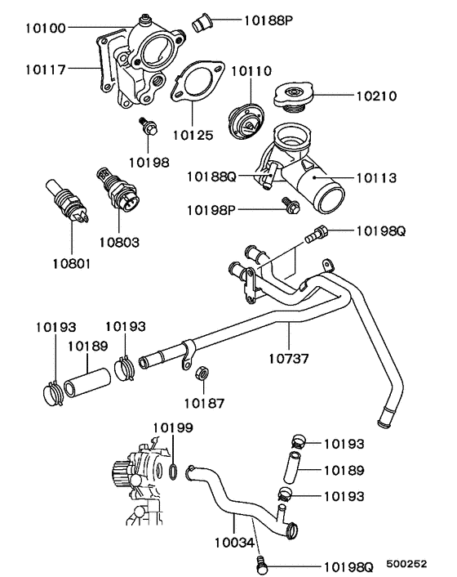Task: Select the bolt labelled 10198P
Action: (289, 209)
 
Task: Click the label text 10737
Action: (291, 357)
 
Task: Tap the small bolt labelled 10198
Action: (149, 127)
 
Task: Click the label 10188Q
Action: (210, 177)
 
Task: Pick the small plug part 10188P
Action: (201, 21)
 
